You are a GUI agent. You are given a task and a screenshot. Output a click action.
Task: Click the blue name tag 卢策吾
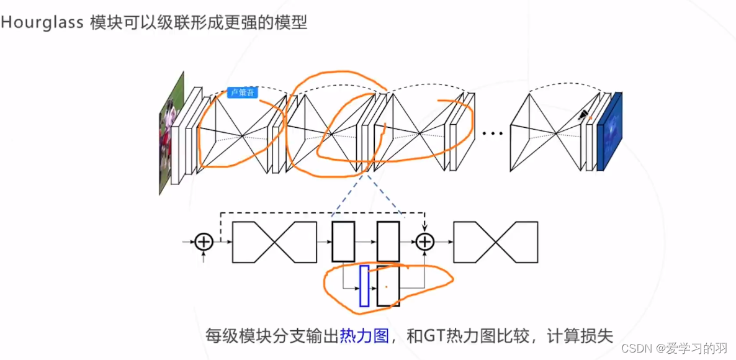click(242, 92)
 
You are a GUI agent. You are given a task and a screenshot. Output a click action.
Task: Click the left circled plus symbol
click(204, 241)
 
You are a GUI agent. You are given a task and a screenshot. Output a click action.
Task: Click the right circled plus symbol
click(424, 241)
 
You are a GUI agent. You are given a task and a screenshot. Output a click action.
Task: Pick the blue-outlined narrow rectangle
click(364, 286)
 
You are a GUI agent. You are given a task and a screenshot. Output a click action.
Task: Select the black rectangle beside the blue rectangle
click(388, 286)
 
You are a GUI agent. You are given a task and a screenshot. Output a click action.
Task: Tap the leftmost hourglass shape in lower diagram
click(274, 241)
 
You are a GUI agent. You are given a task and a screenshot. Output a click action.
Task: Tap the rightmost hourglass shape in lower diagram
click(496, 241)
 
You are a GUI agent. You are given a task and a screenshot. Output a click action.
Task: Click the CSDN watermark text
click(635, 348)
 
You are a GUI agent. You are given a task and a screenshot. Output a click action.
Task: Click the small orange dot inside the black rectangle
click(385, 286)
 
